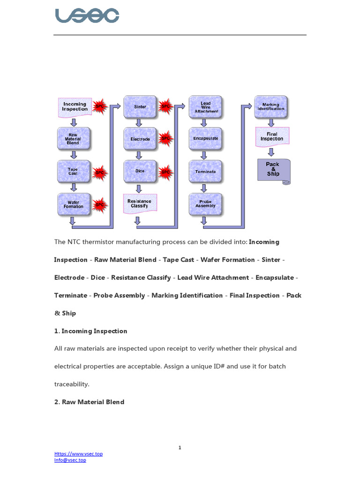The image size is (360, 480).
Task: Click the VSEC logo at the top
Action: coord(87,15)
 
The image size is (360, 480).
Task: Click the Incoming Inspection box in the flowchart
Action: coord(75,107)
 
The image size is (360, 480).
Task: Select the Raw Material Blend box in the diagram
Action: coord(74,139)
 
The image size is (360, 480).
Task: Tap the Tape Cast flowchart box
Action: coord(74,171)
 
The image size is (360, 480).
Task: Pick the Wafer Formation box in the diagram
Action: coord(74,204)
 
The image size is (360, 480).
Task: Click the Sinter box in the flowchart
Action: coord(140,107)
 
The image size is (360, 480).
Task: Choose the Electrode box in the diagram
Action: coord(140,139)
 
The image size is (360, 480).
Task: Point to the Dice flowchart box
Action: coord(140,171)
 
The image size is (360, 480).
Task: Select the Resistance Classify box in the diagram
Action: coord(140,203)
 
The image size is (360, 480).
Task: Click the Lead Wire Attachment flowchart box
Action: coord(206,107)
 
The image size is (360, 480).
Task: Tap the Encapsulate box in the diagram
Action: coord(206,139)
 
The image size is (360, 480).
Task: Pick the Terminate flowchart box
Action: coord(206,171)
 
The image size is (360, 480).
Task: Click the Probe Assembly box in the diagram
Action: coord(206,203)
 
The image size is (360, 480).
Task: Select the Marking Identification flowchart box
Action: coord(271,107)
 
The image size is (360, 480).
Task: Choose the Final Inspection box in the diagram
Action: coord(272,136)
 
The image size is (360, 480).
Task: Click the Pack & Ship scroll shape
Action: coord(273,170)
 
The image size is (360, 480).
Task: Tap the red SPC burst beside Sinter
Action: coord(165,107)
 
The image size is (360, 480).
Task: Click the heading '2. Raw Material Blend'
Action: coord(89,402)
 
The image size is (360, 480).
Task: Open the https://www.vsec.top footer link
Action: coord(78,454)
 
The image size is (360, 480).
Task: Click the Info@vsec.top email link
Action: coord(70,460)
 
